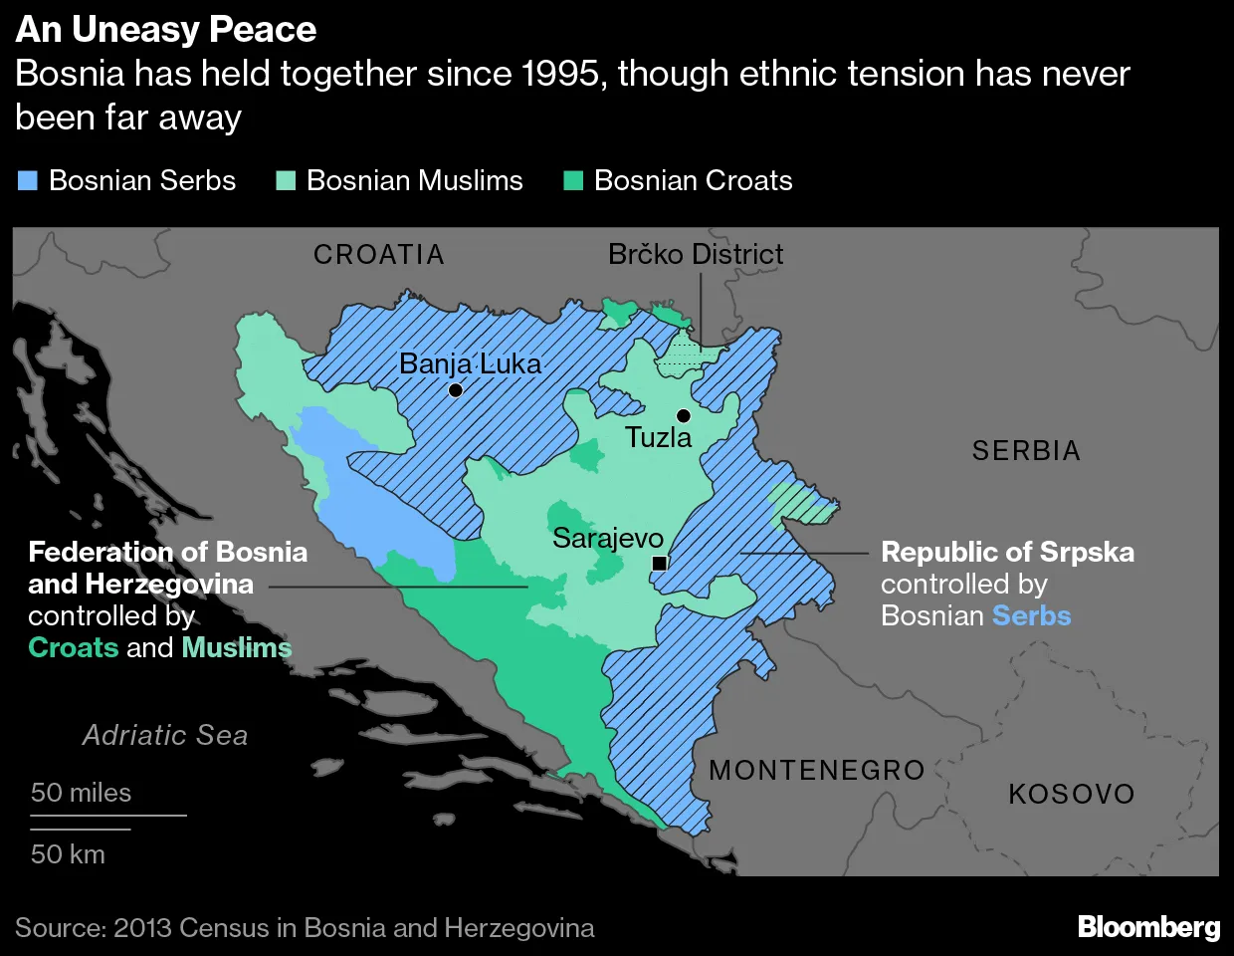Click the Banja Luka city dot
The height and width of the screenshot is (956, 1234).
click(455, 390)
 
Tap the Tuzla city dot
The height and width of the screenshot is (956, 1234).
click(683, 415)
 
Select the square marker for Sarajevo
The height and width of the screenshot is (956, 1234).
click(659, 564)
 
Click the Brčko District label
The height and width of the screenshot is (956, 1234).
click(695, 255)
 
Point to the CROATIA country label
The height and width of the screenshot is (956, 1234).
click(379, 255)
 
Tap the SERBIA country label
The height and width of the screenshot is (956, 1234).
click(1026, 451)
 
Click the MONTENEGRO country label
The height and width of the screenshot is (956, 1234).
click(817, 770)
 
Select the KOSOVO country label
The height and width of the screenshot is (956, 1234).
click(1072, 794)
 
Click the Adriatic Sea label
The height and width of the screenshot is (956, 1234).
click(165, 735)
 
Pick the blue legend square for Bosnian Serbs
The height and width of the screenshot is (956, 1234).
click(28, 180)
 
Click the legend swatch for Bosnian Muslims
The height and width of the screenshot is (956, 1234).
click(286, 180)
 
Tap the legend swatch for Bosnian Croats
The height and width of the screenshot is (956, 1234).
click(573, 180)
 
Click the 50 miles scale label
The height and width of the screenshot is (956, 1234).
click(81, 793)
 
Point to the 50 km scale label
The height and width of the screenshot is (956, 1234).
click(68, 854)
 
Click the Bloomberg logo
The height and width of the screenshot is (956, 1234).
click(1148, 927)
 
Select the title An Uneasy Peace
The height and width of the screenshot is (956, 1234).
click(166, 30)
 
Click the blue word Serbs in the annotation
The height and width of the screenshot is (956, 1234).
click(1031, 615)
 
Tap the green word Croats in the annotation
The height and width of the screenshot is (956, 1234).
click(74, 647)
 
